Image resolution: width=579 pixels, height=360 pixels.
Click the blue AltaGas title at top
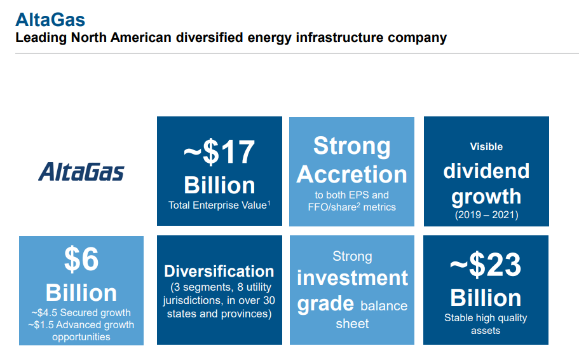(50, 20)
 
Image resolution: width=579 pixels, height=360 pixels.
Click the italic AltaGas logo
(81, 172)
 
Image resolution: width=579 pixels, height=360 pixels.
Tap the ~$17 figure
(219, 152)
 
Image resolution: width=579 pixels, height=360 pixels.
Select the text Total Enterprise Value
(217, 205)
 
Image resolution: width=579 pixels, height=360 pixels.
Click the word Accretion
(351, 174)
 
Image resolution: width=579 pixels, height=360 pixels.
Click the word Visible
(486, 147)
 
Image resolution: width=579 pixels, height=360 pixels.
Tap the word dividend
(486, 171)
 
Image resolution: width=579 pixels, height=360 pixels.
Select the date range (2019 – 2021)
(486, 215)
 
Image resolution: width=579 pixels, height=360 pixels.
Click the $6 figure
(81, 259)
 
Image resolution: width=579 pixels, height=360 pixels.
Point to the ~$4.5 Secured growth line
(81, 313)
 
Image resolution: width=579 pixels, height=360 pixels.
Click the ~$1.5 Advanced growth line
(81, 325)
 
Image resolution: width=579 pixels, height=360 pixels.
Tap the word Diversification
(219, 272)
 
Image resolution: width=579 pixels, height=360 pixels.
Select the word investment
(352, 278)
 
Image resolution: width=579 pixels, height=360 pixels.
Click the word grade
(325, 304)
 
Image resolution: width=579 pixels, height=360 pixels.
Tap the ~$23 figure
(486, 265)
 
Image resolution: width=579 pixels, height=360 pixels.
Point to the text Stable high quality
(486, 318)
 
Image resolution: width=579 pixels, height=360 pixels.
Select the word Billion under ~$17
(219, 185)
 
